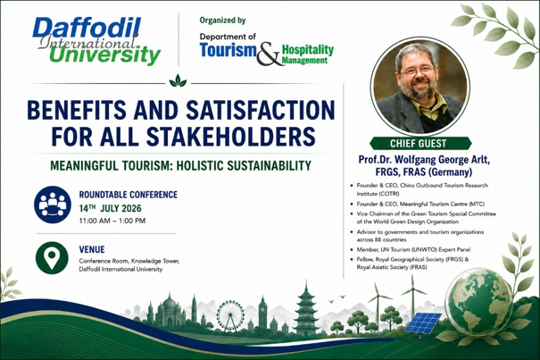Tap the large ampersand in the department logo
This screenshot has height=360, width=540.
coord(269,54)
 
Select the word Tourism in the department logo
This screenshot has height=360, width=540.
coord(228,50)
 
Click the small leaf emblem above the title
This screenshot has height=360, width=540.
coord(178,81)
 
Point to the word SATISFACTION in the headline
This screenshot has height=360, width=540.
coord(261,111)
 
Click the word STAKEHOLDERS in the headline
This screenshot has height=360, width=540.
coord(231,137)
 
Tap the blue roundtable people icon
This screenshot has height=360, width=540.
coord(53,205)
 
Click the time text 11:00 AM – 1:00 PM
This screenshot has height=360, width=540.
coord(112,221)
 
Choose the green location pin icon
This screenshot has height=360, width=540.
coord(52,257)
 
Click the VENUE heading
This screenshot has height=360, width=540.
coord(92,249)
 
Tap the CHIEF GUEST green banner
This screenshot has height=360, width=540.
coord(420,143)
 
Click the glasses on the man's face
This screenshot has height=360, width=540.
coord(417,71)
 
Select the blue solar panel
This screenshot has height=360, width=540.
coord(423,322)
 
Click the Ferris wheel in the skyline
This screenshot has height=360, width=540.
coord(231,316)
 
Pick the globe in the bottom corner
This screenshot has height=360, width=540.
coord(478,302)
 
